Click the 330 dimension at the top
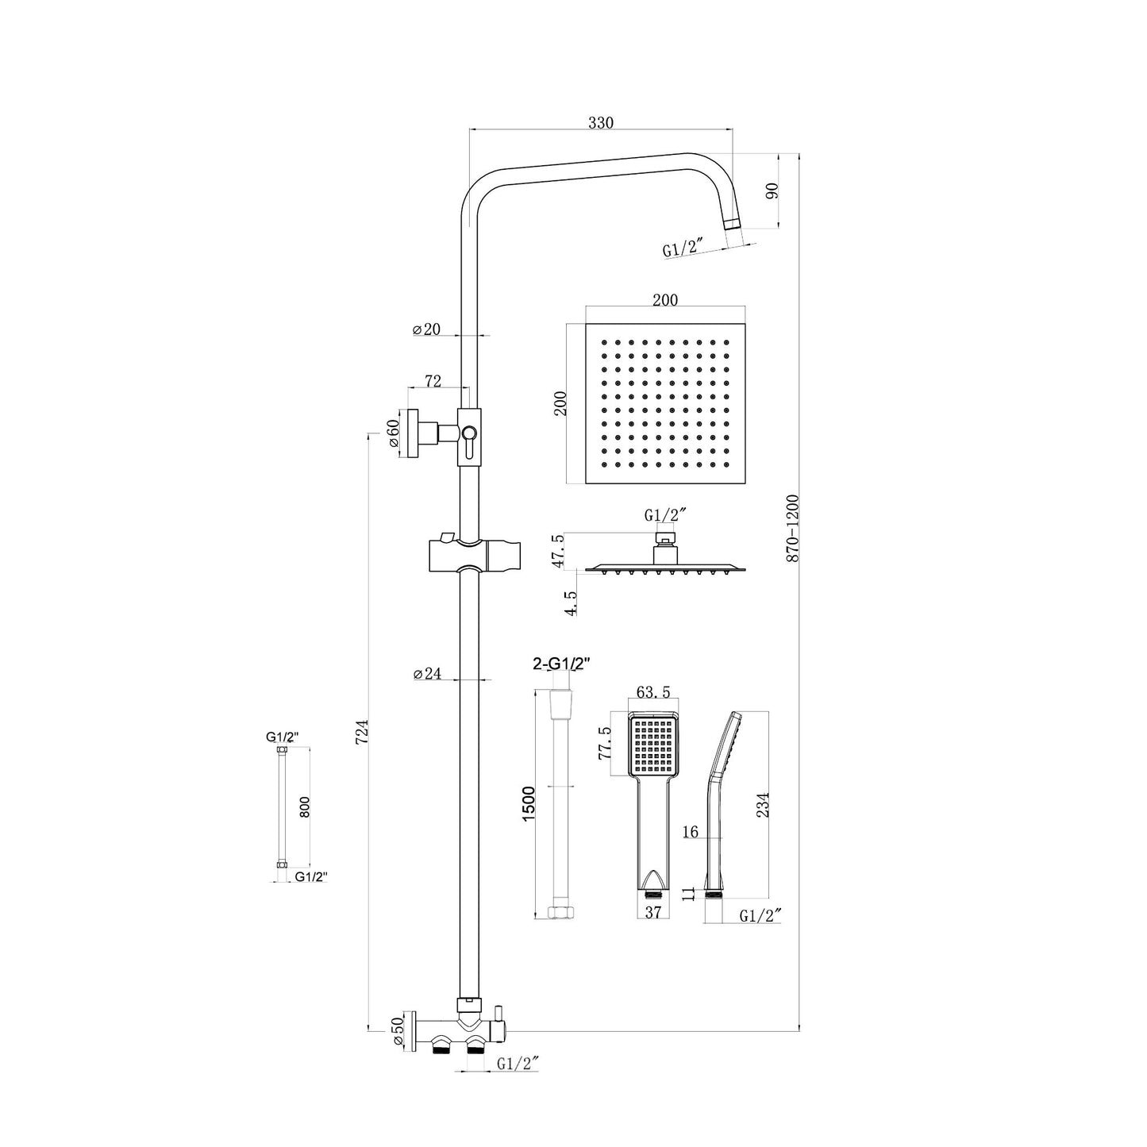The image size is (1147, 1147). coord(601,122)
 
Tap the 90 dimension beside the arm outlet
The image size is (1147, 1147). coord(772,191)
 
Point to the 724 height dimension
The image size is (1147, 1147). coord(362,731)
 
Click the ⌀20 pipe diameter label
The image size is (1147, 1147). coord(426,329)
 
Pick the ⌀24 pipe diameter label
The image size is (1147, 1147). coord(427,673)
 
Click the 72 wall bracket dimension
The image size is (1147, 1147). coord(433,381)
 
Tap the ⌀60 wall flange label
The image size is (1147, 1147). coord(393,433)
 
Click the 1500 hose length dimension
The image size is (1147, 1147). coord(529,803)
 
